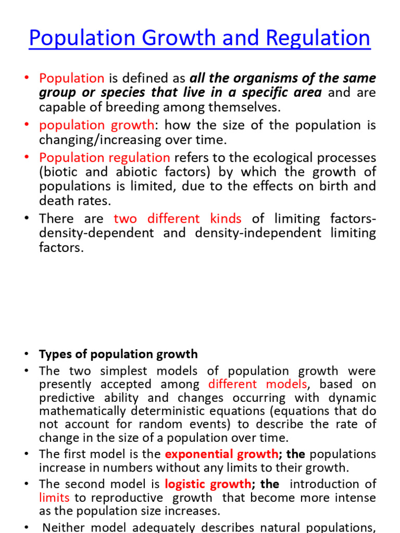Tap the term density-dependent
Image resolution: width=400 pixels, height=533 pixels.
[96, 233]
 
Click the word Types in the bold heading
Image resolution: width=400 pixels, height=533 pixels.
[54, 354]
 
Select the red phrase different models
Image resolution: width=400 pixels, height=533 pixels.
[258, 385]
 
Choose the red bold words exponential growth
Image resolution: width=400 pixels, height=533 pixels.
[221, 453]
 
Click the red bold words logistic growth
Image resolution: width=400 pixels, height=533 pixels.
[208, 484]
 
